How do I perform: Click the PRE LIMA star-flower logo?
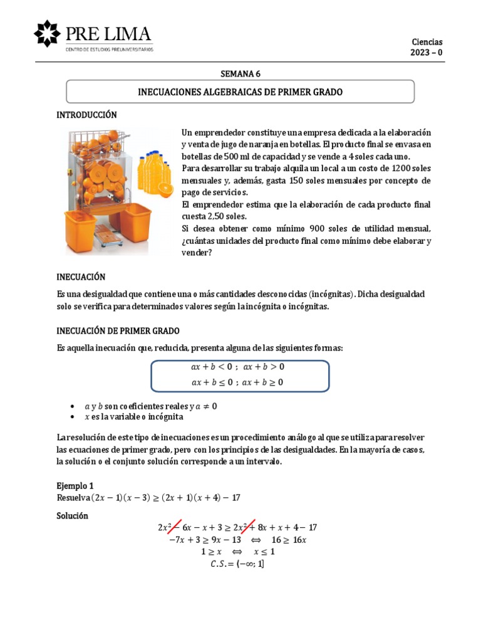tap(47, 33)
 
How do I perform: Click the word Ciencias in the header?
tap(427, 41)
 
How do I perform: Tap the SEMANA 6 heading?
tap(240, 73)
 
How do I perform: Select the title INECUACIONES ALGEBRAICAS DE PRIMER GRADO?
tap(240, 92)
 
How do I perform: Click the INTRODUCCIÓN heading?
tap(87, 115)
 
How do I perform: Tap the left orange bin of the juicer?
tap(83, 224)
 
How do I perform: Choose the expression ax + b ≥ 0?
tap(262, 382)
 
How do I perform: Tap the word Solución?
tap(73, 515)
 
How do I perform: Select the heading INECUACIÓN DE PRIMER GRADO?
tap(118, 330)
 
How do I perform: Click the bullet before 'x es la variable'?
tap(75, 416)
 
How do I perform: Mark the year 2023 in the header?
tap(420, 53)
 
